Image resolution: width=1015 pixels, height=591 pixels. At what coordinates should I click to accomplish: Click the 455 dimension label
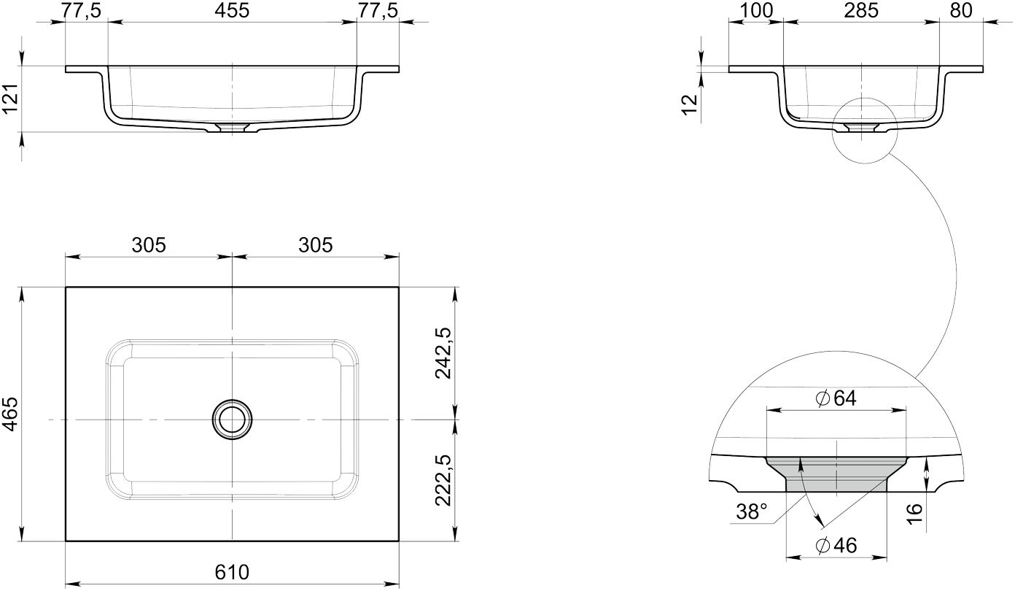232,10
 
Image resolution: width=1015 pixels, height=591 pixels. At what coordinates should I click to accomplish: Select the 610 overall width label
232,573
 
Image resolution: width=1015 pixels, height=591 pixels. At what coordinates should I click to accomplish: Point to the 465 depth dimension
10,414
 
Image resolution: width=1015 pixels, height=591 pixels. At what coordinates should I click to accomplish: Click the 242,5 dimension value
443,353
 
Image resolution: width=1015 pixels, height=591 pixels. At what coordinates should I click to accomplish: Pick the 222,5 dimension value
443,480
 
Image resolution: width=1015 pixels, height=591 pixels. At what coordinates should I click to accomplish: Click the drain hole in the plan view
232,419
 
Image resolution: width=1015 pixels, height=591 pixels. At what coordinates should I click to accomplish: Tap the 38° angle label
752,512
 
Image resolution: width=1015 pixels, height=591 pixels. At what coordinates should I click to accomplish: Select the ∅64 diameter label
836,398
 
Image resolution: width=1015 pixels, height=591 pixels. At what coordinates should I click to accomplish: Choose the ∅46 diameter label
836,545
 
